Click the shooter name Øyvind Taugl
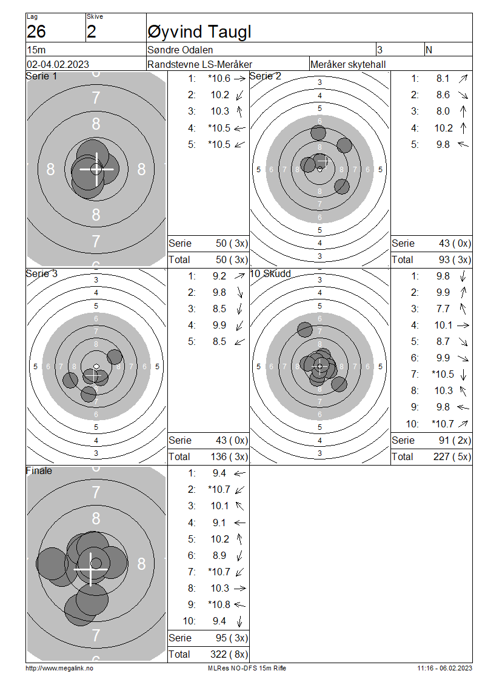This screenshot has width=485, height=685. point(199,32)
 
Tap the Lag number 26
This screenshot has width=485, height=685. point(36,32)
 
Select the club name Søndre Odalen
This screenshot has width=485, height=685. point(180,50)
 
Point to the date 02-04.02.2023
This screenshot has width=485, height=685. point(58,65)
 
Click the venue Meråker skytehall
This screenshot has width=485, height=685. point(348,65)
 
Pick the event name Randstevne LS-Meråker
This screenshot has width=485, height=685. point(199,65)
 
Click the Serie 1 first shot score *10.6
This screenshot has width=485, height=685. point(219,79)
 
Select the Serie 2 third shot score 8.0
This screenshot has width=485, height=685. point(443,112)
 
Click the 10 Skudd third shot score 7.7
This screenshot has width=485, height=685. point(443,309)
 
